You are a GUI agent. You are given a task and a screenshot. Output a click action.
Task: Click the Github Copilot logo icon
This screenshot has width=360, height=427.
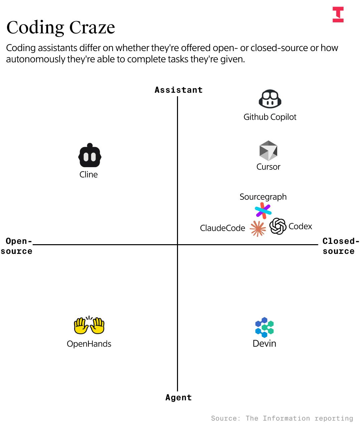[x=270, y=99]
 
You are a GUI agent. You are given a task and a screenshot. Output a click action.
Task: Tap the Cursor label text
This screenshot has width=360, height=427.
[x=268, y=167]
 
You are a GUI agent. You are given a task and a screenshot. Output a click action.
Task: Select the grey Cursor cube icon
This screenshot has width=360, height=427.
[x=268, y=151]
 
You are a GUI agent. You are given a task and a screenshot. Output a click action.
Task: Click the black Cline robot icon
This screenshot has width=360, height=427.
[x=89, y=155]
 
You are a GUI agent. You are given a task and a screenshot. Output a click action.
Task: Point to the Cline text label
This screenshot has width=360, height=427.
[x=88, y=174]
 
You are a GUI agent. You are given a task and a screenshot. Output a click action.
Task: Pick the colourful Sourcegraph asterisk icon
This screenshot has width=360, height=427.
[x=263, y=211]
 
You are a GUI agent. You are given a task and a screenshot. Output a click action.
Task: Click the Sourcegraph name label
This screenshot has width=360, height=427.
[x=263, y=197]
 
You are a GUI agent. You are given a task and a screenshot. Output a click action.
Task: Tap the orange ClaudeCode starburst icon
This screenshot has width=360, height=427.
[x=258, y=229]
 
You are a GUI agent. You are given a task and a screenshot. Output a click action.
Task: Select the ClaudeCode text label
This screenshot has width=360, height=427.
[x=222, y=228]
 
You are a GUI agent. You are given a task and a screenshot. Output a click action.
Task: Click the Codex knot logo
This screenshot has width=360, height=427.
[x=278, y=226]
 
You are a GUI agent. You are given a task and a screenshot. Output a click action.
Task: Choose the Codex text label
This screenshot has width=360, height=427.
[x=300, y=227]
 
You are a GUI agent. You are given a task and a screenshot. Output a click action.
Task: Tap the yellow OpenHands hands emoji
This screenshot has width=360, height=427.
[x=89, y=325]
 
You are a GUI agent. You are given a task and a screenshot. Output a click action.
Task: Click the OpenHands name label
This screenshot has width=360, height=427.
[x=89, y=344]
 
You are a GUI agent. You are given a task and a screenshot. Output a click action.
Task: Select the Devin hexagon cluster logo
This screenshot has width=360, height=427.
[x=264, y=327]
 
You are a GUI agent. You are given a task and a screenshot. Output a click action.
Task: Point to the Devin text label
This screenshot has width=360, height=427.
[x=264, y=344]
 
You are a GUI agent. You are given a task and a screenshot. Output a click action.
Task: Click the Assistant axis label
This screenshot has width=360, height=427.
[x=178, y=90]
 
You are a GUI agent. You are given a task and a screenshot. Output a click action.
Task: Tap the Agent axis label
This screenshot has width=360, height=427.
[x=178, y=398]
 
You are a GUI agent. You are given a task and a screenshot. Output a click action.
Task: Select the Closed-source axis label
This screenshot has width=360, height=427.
[x=340, y=246]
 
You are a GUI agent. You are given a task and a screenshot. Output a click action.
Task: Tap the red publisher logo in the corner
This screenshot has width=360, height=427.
[x=338, y=15]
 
